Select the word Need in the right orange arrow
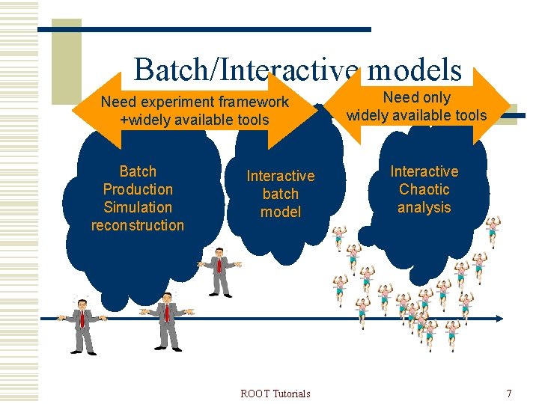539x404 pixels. pyautogui.click(x=401, y=97)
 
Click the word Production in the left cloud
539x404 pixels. pyautogui.click(x=138, y=189)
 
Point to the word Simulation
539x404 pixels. pyautogui.click(x=138, y=207)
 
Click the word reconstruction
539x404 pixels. pyautogui.click(x=138, y=225)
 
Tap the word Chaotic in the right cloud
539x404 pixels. pyautogui.click(x=424, y=189)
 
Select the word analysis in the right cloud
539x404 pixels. pyautogui.click(x=424, y=207)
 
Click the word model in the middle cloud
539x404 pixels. pyautogui.click(x=281, y=212)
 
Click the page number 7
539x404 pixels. pyautogui.click(x=509, y=393)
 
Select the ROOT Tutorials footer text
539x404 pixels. pyautogui.click(x=275, y=394)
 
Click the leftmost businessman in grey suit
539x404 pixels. pyautogui.click(x=82, y=325)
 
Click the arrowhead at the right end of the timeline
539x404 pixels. pyautogui.click(x=497, y=319)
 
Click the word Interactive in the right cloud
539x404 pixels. pyautogui.click(x=424, y=171)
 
